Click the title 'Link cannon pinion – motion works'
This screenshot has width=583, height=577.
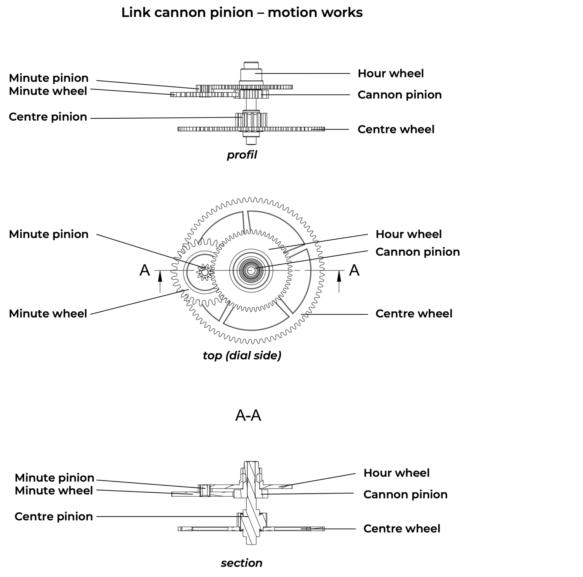242,13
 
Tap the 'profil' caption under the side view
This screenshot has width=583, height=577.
242,155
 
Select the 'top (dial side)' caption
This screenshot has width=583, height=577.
242,355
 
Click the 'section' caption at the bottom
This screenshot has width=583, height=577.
241,563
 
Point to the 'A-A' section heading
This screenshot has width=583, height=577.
248,416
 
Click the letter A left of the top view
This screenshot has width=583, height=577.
145,270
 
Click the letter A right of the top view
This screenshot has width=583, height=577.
354,270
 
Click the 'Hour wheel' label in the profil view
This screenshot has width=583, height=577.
390,73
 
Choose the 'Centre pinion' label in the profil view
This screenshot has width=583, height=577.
48,117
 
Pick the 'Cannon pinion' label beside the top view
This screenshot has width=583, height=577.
418,252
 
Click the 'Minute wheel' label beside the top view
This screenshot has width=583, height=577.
48,313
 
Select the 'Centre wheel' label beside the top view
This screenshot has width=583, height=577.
414,313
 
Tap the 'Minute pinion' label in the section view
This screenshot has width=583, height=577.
55,478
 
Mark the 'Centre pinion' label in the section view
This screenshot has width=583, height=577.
54,516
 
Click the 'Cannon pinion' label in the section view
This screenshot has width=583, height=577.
405,494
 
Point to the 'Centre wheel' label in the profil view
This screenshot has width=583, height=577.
396,129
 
